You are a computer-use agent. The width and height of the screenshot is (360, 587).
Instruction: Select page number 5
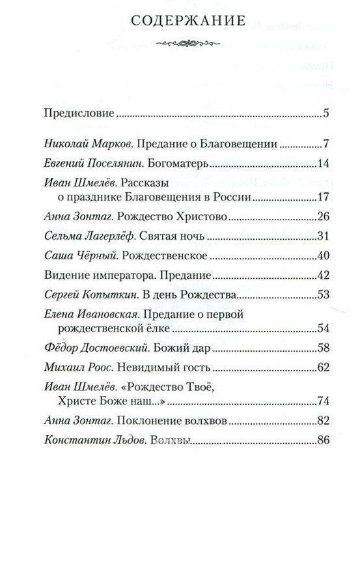(x=325, y=113)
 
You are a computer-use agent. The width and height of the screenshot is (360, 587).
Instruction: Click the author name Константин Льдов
(x=90, y=440)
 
